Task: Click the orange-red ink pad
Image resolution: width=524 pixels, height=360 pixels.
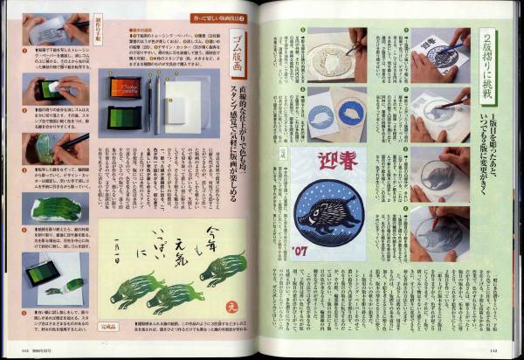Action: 125,87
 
